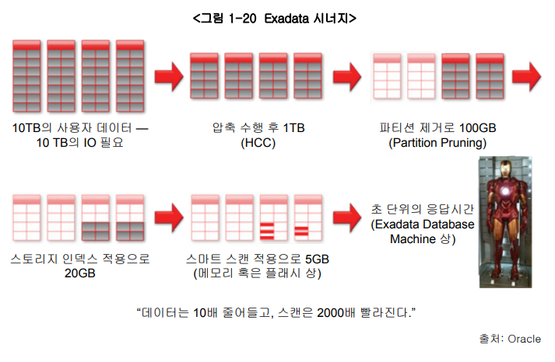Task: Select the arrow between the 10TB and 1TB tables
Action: pos(167,78)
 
